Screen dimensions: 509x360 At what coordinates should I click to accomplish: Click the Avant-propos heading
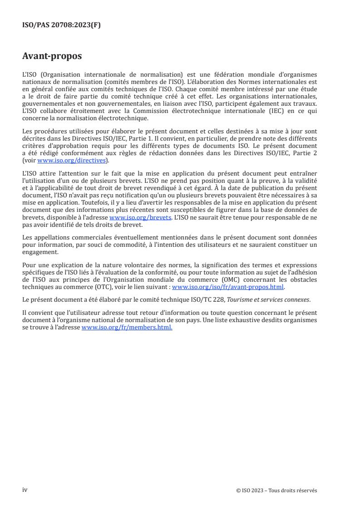click(52, 56)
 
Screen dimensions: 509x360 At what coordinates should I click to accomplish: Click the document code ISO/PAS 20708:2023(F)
click(61, 25)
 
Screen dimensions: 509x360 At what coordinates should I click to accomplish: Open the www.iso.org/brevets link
click(140, 217)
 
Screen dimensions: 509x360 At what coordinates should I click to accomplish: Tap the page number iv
click(25, 489)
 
